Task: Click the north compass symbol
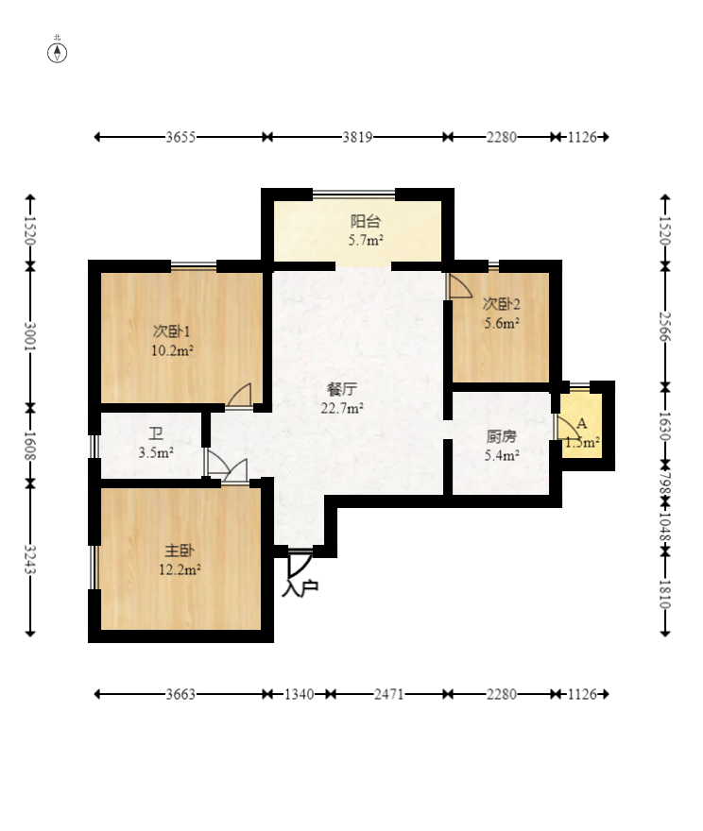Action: point(58,53)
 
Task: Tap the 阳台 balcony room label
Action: point(366,221)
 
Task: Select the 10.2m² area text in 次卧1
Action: point(172,350)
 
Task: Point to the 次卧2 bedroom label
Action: point(501,304)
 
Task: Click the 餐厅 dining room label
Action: point(342,389)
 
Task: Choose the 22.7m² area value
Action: point(342,408)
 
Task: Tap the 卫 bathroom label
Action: point(156,434)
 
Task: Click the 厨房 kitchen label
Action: point(501,436)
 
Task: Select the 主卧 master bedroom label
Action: point(180,551)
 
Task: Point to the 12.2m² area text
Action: point(180,569)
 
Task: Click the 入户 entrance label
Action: point(300,588)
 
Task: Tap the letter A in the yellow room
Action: point(582,424)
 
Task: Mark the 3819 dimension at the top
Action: point(357,137)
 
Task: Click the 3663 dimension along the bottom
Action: point(180,694)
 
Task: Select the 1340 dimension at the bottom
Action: point(300,694)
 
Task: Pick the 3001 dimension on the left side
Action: point(30,336)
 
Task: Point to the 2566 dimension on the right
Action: point(665,327)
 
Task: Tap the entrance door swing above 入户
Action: point(300,566)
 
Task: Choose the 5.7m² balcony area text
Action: point(366,240)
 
